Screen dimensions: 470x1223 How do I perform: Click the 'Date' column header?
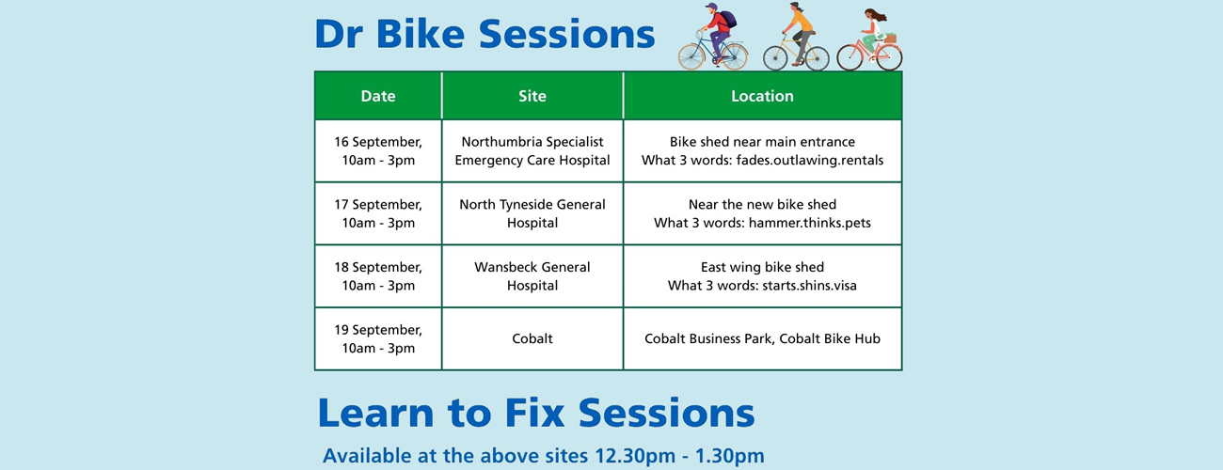(x=377, y=96)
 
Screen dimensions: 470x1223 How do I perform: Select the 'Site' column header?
(x=532, y=96)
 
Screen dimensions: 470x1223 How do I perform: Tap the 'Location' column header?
(x=762, y=96)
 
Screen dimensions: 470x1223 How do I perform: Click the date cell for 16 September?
(x=377, y=150)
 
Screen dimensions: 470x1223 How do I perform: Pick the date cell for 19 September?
(x=377, y=338)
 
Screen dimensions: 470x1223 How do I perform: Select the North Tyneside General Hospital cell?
(x=532, y=213)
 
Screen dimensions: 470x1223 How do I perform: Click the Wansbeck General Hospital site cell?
(x=532, y=276)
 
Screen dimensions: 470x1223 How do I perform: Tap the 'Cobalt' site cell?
(x=532, y=338)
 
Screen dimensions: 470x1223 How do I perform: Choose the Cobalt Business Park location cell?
(x=762, y=338)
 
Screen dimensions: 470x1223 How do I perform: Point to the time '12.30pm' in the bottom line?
(x=635, y=457)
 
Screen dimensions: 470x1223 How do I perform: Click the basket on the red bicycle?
(x=888, y=38)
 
